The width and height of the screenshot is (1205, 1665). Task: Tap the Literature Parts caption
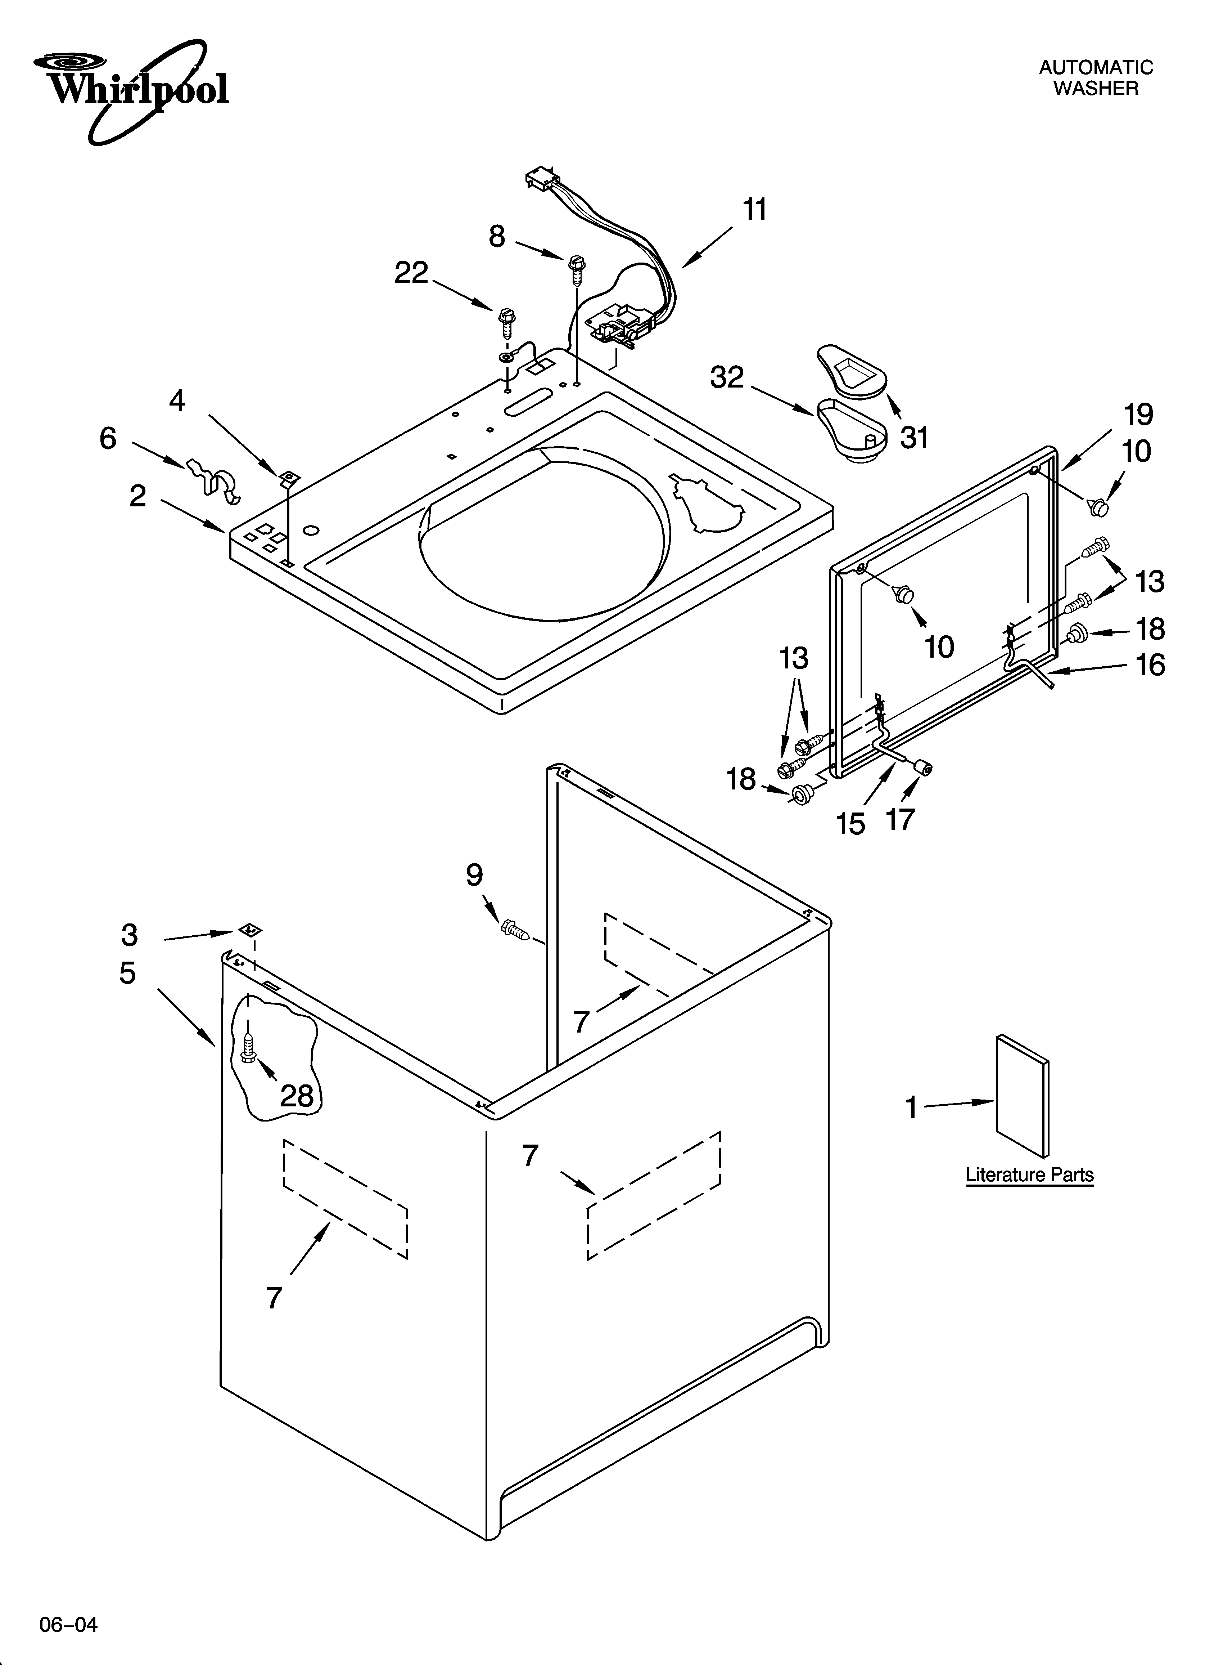1029,1174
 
